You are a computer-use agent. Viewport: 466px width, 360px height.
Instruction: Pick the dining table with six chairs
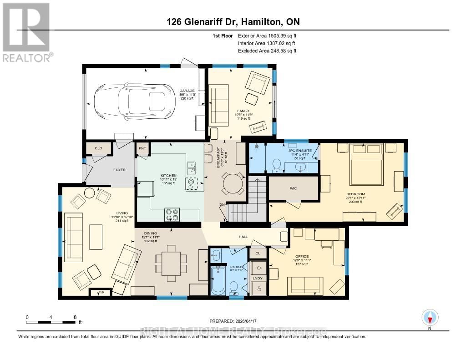pyautogui.click(x=171, y=264)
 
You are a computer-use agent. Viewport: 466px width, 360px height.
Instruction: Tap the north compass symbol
pyautogui.click(x=430, y=317)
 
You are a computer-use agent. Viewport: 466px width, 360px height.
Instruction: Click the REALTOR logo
pyautogui.click(x=26, y=32)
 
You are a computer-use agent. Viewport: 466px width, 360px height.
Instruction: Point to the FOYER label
pyautogui.click(x=119, y=170)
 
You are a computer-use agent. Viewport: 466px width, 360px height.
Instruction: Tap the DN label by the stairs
pyautogui.click(x=223, y=205)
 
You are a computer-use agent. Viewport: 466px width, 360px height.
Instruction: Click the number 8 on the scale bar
pyautogui.click(x=75, y=317)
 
